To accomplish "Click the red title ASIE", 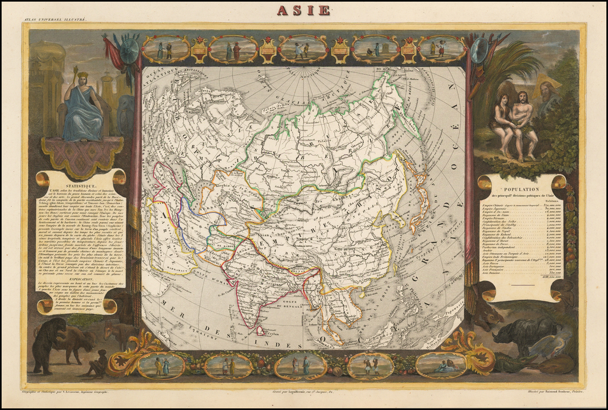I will pyautogui.click(x=303, y=10).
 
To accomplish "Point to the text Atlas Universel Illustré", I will pyautogui.click(x=55, y=20).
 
